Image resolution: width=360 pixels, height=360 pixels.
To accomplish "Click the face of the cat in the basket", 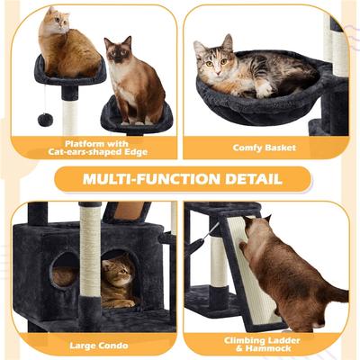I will (217, 61).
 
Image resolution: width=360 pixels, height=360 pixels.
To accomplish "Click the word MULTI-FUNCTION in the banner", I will (152, 177).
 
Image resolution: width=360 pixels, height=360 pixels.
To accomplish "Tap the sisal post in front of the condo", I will (91, 261).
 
